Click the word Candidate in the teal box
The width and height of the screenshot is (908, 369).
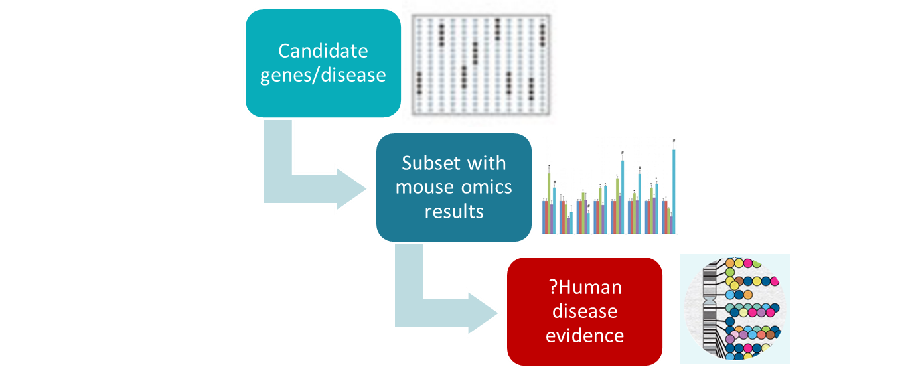323,51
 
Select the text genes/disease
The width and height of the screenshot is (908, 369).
323,74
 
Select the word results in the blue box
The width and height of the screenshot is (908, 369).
454,211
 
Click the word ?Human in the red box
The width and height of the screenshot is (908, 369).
585,287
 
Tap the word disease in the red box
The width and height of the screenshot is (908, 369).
585,311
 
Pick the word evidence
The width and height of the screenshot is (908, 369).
585,335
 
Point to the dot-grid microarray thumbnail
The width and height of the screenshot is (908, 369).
483,62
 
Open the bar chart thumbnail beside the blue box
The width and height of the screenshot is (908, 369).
611,187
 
